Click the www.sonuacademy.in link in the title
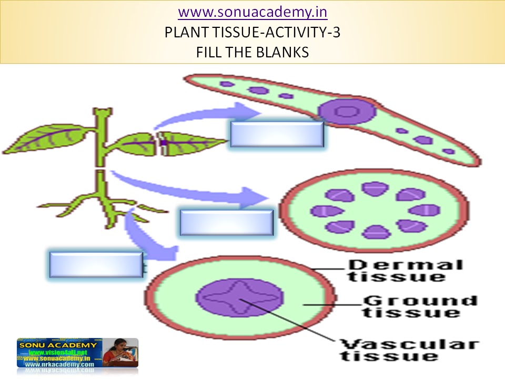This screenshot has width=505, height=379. tap(252, 11)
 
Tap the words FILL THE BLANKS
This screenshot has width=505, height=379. tap(252, 53)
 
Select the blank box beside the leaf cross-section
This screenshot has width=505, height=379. tap(277, 134)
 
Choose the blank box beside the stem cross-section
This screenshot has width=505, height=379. tap(226, 222)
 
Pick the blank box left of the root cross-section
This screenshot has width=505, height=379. tap(96, 264)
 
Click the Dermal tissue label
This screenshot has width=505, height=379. tap(406, 270)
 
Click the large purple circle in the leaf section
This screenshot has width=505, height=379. tap(346, 112)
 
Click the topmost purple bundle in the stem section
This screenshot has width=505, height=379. tap(375, 188)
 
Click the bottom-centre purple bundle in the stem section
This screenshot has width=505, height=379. tap(375, 232)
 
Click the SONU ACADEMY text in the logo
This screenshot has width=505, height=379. tap(57, 345)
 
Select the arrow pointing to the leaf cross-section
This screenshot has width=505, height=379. tap(210, 114)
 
